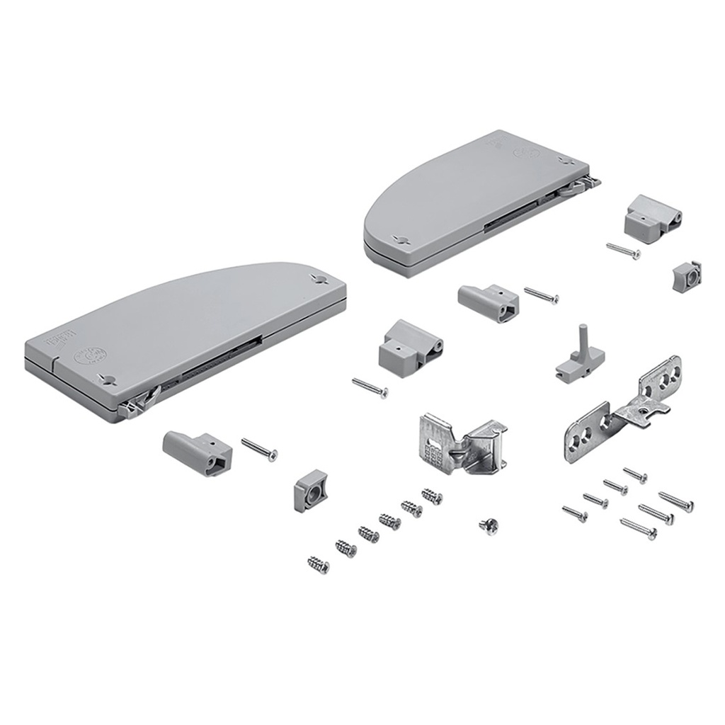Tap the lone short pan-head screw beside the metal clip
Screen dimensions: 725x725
click(x=489, y=525)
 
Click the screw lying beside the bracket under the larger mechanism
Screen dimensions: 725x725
click(x=259, y=450)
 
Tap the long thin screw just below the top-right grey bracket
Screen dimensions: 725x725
click(x=623, y=251)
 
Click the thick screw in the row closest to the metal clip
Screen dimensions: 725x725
click(x=432, y=496)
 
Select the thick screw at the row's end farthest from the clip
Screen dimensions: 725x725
click(x=319, y=564)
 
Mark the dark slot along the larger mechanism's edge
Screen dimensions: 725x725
click(x=212, y=361)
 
